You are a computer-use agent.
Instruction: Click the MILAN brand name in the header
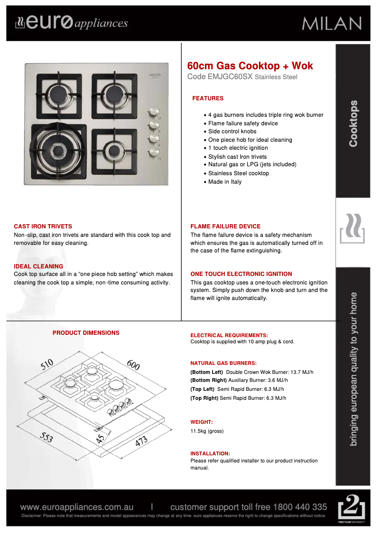(331, 24)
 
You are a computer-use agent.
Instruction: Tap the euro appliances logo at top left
(71, 23)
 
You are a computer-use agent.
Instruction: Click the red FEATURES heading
(208, 98)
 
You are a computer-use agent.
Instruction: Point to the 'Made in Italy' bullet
(225, 182)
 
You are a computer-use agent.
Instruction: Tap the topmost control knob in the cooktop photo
(153, 113)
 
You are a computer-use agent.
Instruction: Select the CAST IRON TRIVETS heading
(43, 227)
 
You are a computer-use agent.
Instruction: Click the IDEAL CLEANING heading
(38, 267)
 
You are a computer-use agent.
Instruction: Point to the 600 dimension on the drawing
(133, 364)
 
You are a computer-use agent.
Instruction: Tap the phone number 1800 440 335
(300, 507)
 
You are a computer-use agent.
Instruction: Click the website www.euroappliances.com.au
(77, 507)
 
